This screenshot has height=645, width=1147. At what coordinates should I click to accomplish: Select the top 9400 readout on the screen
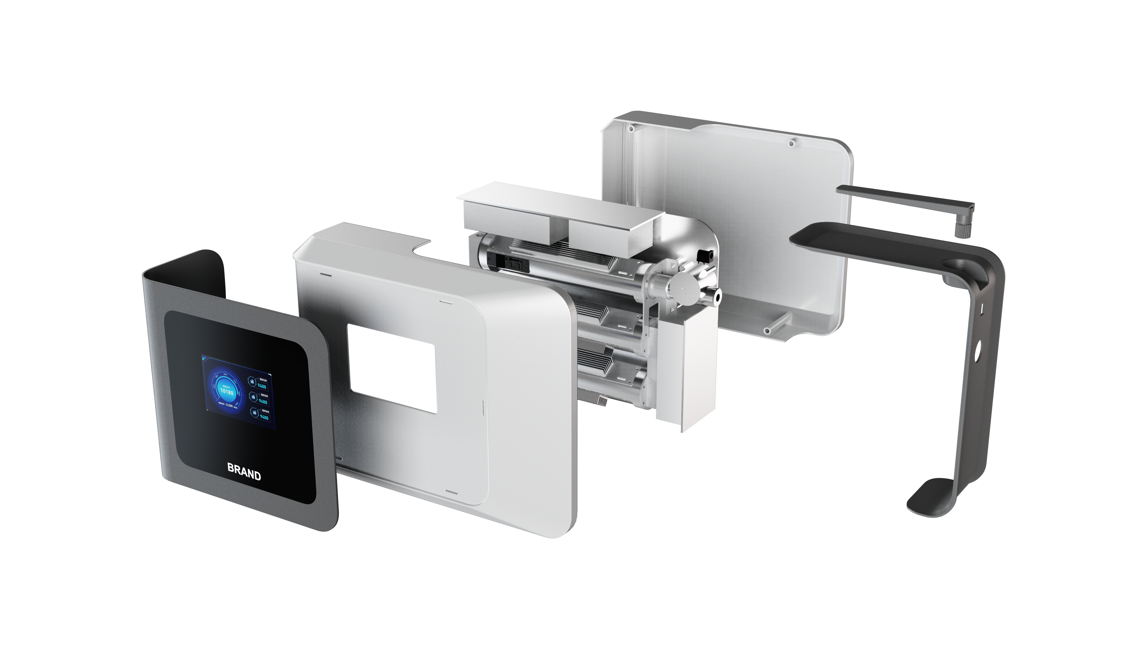coord(262,386)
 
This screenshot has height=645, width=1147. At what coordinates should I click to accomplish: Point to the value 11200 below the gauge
coord(229,405)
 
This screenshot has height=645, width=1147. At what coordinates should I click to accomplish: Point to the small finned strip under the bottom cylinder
coord(602,401)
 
